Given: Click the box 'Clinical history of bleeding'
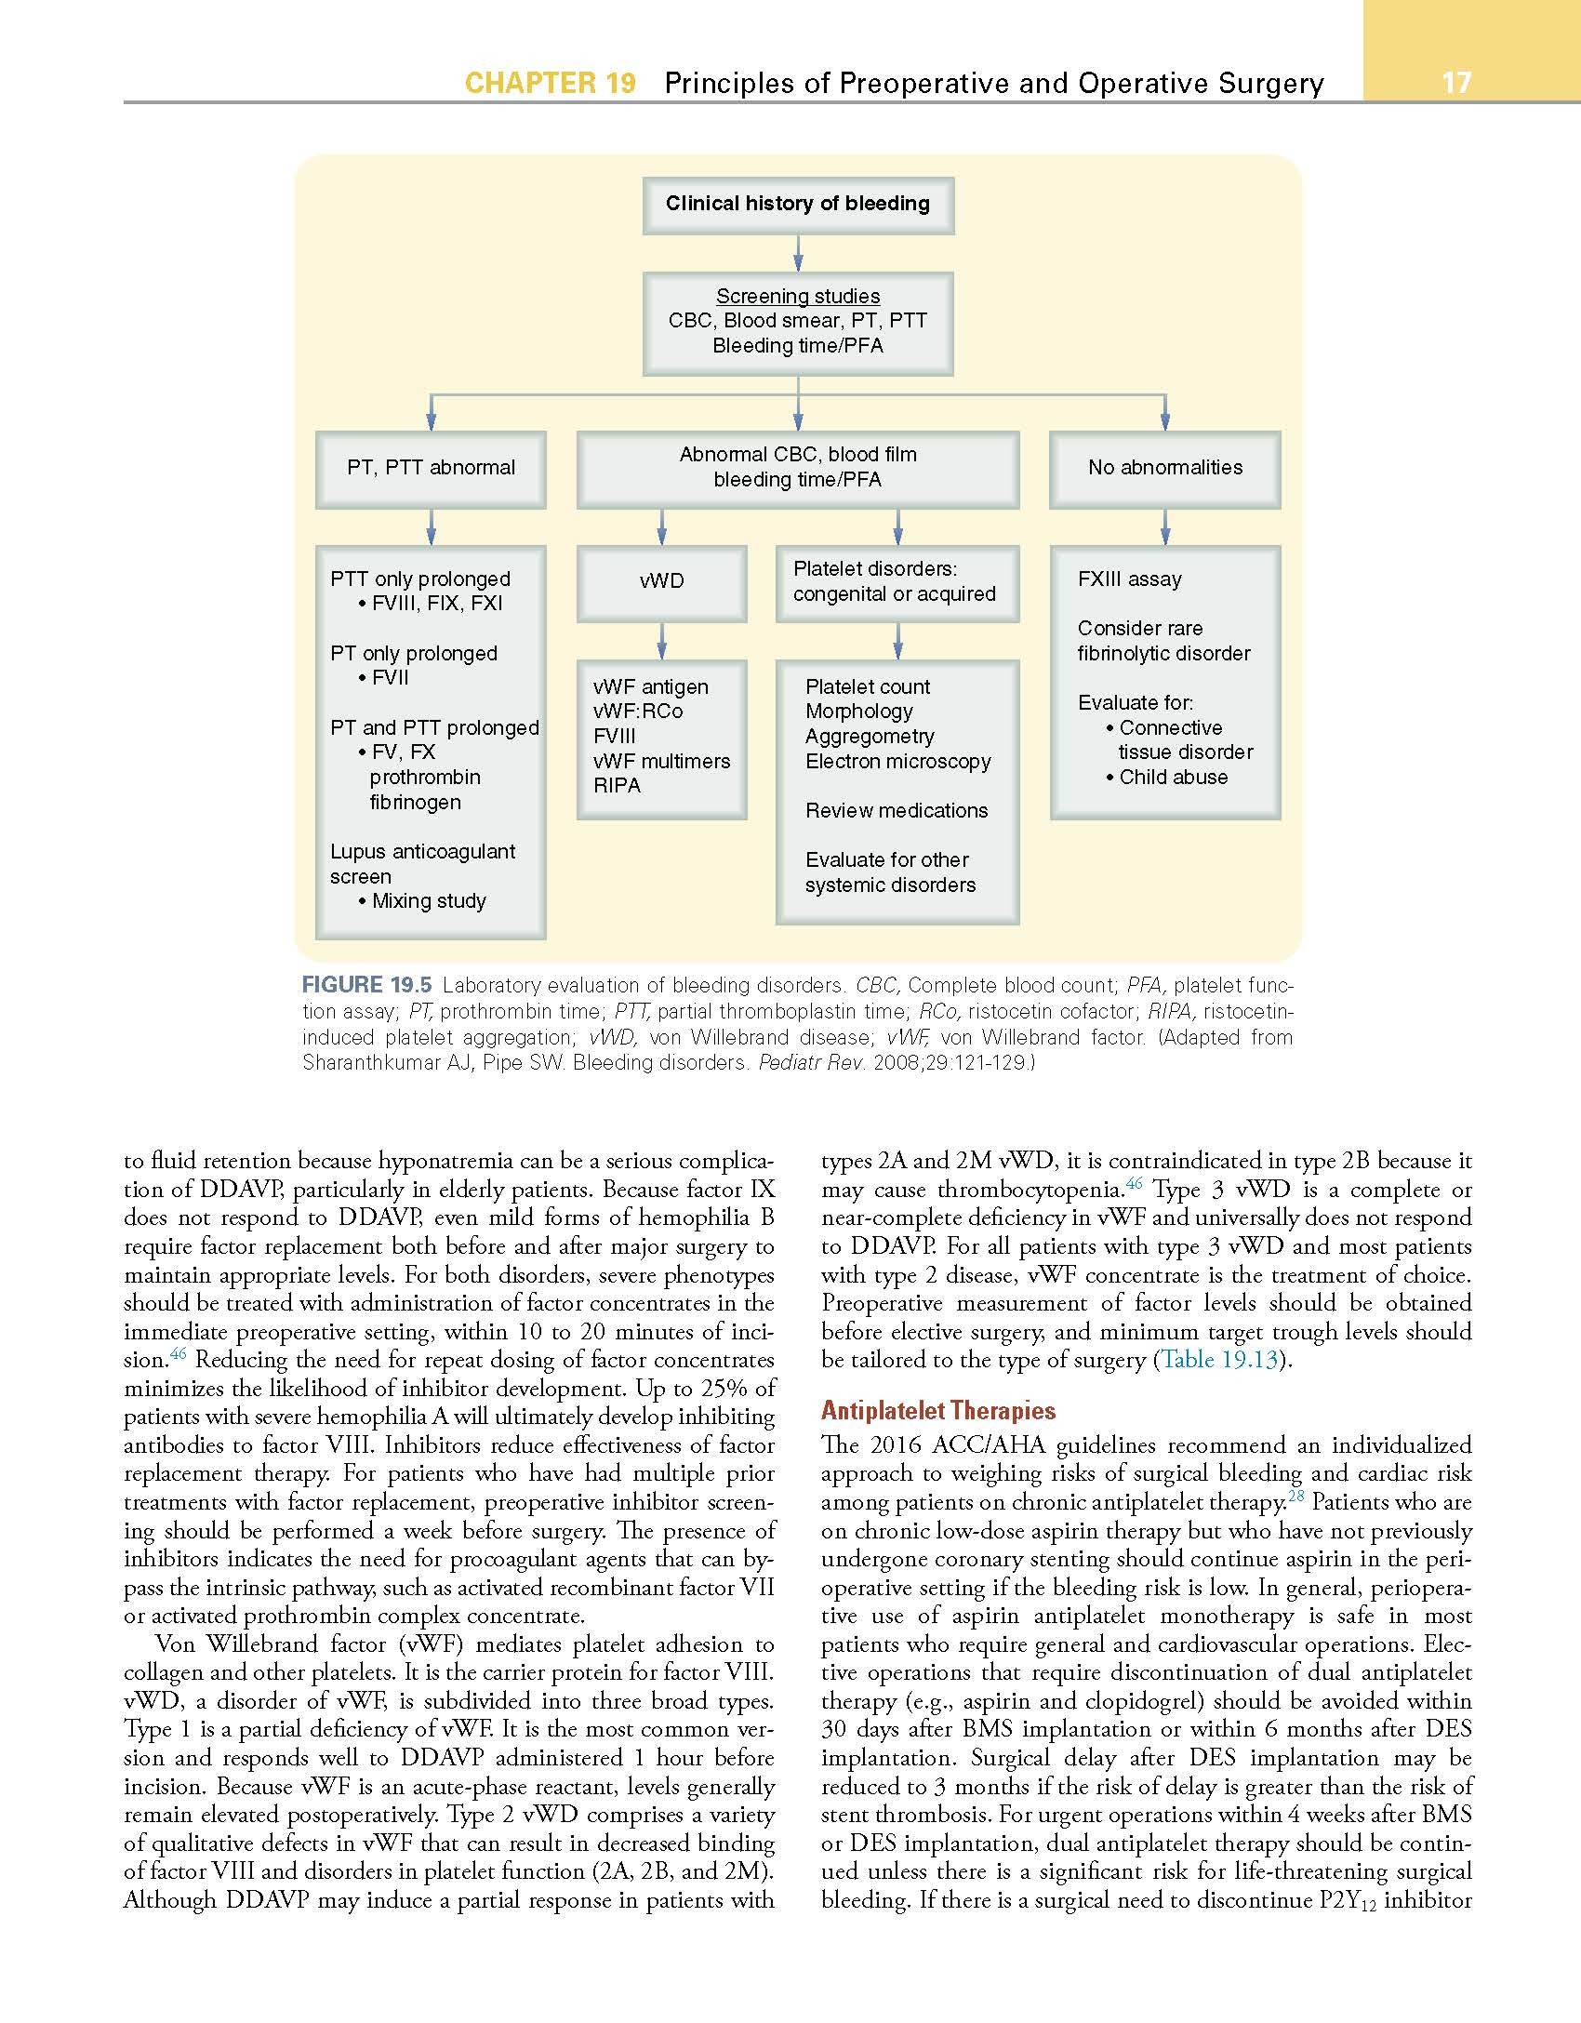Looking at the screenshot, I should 797,204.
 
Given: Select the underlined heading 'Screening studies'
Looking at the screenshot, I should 797,296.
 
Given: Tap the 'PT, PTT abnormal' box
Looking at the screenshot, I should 431,468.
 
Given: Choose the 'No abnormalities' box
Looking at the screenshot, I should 1164,468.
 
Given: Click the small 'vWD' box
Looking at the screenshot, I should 661,581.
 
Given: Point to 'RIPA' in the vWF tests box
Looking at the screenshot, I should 617,786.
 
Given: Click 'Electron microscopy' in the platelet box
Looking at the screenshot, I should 897,762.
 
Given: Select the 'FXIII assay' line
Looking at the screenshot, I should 1129,579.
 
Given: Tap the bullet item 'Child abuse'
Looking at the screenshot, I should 1173,778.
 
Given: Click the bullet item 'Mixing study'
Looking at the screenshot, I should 429,901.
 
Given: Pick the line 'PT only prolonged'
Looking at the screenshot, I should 414,654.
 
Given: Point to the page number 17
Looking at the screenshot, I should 1456,83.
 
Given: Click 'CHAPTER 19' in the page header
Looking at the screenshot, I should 550,84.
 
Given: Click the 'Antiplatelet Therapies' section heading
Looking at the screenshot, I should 937,1411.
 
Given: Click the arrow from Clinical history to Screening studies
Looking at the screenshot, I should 797,253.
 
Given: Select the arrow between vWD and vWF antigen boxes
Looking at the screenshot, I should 661,641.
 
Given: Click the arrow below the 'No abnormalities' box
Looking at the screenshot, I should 1164,527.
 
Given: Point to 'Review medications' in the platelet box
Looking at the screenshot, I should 897,811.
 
